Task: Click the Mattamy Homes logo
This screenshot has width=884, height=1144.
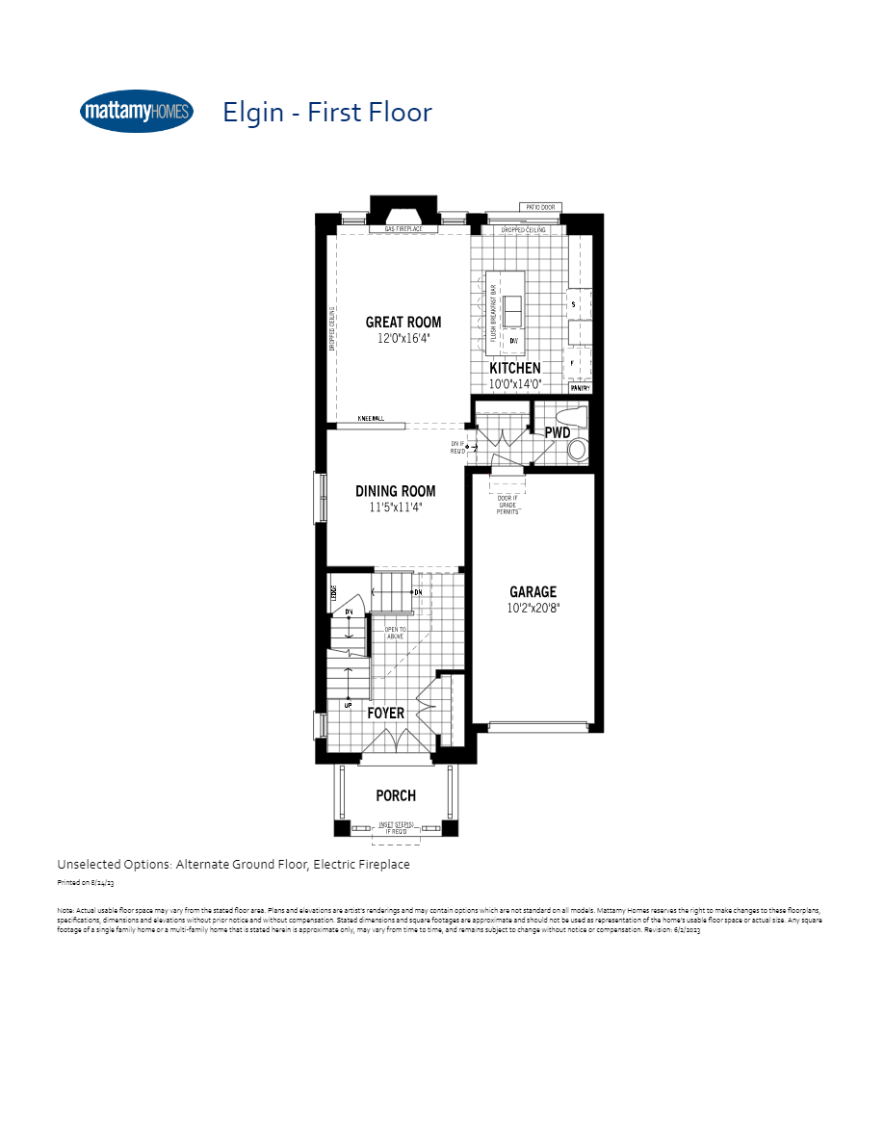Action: (x=137, y=112)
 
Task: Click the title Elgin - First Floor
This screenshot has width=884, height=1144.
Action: (x=327, y=112)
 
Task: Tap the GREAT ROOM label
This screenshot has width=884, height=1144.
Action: (x=403, y=323)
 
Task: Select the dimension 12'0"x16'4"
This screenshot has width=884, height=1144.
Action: (x=403, y=339)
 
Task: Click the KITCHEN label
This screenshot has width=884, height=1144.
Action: (x=515, y=368)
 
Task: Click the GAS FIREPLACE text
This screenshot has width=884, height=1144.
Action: (x=404, y=230)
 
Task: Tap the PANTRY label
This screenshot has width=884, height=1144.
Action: (x=579, y=388)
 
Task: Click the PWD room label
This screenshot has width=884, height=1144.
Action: (x=558, y=432)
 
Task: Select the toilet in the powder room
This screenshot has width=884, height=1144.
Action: (x=577, y=450)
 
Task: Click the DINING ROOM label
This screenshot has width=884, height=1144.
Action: (x=396, y=491)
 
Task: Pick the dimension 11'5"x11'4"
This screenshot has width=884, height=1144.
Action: (x=396, y=507)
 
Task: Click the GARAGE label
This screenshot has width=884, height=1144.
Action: (x=533, y=592)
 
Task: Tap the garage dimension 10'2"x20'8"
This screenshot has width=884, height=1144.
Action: (x=533, y=609)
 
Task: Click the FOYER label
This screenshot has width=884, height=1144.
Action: (x=386, y=714)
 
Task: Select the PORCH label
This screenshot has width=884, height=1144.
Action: (x=396, y=795)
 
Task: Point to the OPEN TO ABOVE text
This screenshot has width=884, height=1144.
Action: (x=395, y=633)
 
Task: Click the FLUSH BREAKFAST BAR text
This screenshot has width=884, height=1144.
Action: (x=493, y=314)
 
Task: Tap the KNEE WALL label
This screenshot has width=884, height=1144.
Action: (x=371, y=419)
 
